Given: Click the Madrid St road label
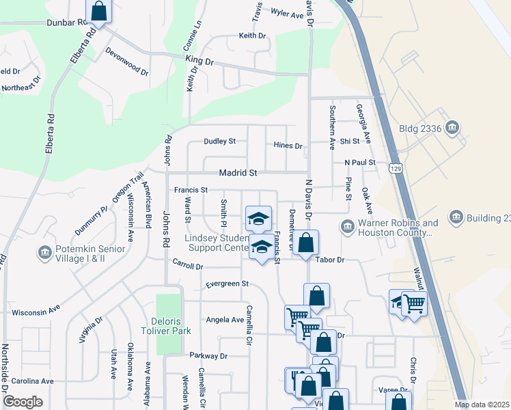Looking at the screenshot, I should click(238, 174).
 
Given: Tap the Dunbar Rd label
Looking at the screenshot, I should click(68, 22).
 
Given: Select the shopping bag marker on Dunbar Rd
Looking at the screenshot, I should click(99, 12).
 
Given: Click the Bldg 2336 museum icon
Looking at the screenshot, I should click(452, 128).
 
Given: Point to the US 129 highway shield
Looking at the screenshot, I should click(395, 167).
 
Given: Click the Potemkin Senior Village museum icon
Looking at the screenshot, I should click(46, 253).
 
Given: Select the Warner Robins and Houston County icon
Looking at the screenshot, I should click(347, 225).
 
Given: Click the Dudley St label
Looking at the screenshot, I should click(219, 141).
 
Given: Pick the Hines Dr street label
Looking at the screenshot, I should click(288, 146).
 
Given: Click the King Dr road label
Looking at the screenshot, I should click(200, 61).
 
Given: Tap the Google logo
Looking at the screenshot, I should click(23, 402).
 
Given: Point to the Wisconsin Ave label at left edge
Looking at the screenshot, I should click(35, 311).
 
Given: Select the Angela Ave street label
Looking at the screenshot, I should click(225, 320).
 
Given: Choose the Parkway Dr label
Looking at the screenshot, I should click(208, 356).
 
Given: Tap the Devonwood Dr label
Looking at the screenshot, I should click(127, 60).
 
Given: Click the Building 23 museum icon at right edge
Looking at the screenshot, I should click(456, 218).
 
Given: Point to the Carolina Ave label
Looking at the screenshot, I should click(32, 381).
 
